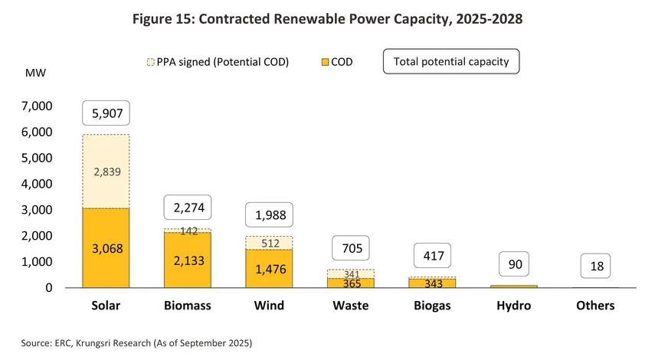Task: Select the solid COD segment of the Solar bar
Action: click(106, 248)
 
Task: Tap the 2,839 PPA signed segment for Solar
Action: click(106, 172)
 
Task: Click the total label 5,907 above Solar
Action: click(106, 113)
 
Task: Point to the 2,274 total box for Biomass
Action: click(188, 208)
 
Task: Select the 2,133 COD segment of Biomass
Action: click(188, 260)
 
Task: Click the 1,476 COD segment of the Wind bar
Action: click(269, 269)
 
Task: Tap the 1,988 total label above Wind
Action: click(269, 216)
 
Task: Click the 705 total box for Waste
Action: click(350, 248)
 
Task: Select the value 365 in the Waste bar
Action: click(350, 283)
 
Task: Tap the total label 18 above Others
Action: click(595, 266)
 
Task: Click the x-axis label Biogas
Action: click(432, 306)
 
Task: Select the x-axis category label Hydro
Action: click(513, 306)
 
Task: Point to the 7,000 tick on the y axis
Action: click(36, 106)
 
